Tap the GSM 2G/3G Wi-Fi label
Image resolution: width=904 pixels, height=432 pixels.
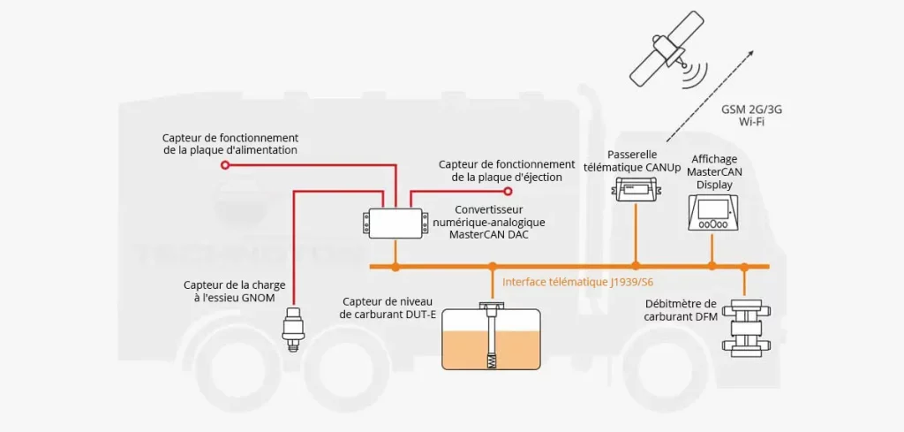751,115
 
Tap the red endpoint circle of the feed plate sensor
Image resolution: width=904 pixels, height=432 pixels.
224,164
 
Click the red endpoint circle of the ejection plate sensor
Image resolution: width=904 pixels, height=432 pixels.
508,191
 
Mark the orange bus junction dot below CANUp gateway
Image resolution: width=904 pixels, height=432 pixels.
635,266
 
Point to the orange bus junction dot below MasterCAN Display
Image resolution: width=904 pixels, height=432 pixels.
712,266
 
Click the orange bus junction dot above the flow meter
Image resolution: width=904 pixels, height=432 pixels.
744,266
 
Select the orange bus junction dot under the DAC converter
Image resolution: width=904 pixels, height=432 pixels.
395,266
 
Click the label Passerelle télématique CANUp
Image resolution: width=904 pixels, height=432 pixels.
632,159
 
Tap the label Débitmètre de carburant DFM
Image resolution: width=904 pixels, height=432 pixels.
680,309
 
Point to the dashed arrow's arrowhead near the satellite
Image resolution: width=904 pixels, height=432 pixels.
751,53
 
